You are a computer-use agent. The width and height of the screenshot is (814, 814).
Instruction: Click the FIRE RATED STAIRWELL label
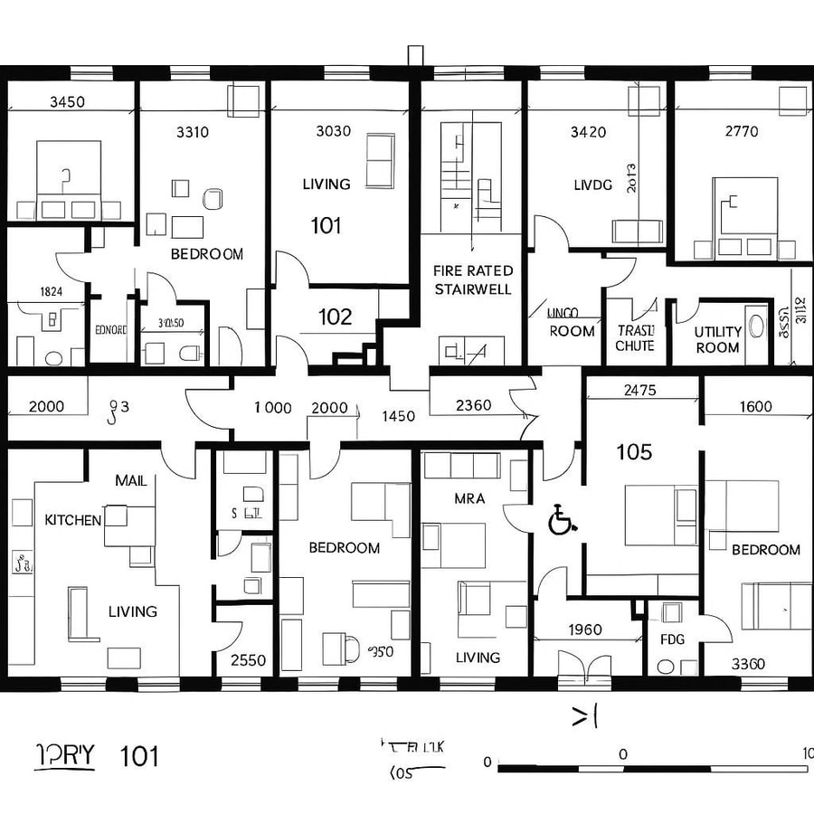pos(473,279)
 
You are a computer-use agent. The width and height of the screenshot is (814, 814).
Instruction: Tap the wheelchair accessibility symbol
pos(563,521)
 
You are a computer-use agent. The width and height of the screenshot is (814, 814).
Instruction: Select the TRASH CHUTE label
pos(634,338)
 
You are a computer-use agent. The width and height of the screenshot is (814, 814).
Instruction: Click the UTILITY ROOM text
pos(717,339)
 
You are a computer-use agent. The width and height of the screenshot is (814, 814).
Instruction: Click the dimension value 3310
pos(191,132)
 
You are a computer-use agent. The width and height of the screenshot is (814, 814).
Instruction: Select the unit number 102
pos(335,317)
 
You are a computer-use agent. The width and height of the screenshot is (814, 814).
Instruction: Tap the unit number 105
pos(633,452)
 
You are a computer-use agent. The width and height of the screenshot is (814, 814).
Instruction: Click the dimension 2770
pos(742,131)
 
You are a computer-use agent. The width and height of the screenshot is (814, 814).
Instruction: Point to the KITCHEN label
pos(73,520)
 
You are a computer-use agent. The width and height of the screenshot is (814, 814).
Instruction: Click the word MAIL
pos(131,480)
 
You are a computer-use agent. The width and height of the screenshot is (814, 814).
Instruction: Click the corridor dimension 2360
pos(474,405)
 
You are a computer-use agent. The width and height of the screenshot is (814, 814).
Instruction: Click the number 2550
pos(248,660)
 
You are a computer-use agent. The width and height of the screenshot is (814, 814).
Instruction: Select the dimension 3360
pos(747,664)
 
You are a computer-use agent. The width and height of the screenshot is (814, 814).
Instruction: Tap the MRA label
pos(469,498)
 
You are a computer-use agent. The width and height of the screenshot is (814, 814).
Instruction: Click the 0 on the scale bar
pos(622,752)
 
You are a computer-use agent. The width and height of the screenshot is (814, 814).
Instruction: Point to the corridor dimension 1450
pos(398,416)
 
